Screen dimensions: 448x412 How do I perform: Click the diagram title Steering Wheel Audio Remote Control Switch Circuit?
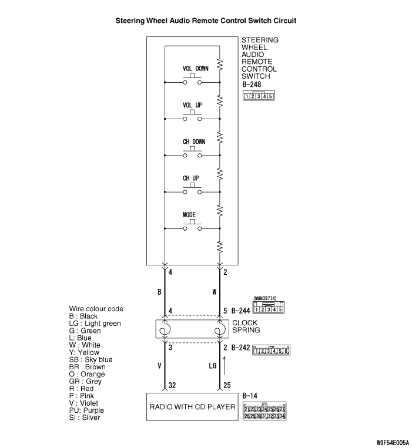206,21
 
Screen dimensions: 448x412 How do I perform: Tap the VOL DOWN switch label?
195,69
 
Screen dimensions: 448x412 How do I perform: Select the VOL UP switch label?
192,105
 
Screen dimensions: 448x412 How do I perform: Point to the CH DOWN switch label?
193,142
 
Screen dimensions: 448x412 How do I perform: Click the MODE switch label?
189,215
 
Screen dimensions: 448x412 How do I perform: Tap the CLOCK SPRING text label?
246,326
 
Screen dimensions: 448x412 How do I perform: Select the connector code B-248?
251,84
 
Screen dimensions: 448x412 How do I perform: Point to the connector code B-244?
240,310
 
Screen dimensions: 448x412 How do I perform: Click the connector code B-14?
249,396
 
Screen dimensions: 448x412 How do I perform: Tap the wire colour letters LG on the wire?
213,366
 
